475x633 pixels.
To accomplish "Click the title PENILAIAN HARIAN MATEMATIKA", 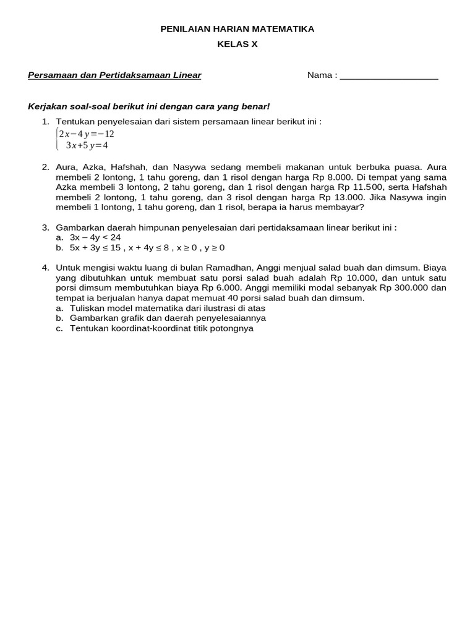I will [x=237, y=29].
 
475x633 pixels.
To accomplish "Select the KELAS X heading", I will [x=237, y=44].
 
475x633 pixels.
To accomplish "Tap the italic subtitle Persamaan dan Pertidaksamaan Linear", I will [x=114, y=75].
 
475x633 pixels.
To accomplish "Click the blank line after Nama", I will [x=389, y=76].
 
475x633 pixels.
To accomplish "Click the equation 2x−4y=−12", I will [x=87, y=134].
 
